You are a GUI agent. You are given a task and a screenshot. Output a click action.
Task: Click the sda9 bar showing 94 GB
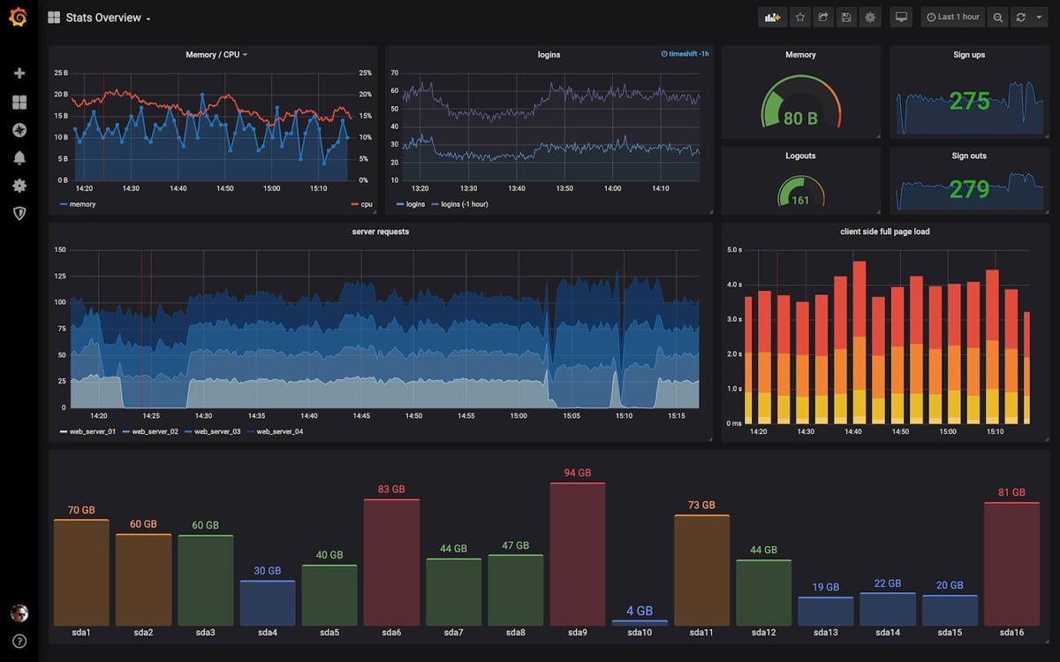pos(577,553)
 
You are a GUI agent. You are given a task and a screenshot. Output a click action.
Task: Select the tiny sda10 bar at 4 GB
pos(639,622)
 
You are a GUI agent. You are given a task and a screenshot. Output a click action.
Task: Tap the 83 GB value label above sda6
pos(391,489)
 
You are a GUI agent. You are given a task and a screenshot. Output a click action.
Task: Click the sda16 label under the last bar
pos(1011,633)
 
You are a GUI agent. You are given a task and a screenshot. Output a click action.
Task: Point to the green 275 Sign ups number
pos(969,102)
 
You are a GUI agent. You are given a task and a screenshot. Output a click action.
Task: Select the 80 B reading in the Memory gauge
pos(800,118)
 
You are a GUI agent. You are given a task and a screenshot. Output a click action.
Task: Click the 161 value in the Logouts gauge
pos(800,201)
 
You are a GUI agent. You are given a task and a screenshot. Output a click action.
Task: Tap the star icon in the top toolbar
pos(799,17)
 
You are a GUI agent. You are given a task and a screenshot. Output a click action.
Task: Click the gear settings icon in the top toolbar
pos(870,17)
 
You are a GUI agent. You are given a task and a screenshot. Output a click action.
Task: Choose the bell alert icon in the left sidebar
pos(19,157)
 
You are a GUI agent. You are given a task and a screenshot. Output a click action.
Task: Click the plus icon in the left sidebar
pos(19,73)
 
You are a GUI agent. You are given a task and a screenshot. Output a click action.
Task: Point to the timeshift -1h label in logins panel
pos(685,54)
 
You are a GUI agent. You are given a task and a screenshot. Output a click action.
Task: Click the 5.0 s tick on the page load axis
pos(733,250)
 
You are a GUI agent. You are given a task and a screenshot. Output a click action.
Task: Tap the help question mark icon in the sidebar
pos(19,642)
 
